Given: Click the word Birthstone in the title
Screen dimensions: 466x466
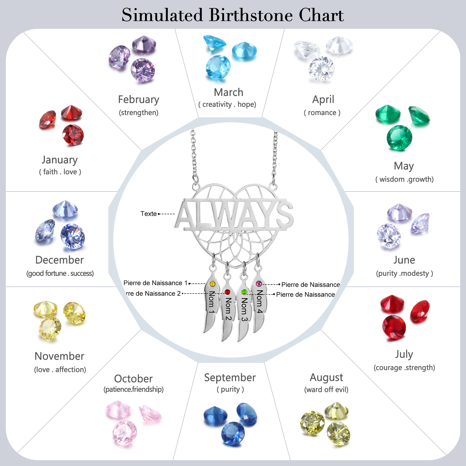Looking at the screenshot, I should point(250,15).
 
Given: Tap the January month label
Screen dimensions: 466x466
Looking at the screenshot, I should point(60,160).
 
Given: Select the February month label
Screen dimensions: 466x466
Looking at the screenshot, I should point(139,100).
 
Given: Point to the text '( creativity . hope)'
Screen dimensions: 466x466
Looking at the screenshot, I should point(227,105).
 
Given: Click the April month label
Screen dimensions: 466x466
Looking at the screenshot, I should point(323,100).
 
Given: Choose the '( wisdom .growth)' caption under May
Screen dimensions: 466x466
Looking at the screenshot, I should point(404,179).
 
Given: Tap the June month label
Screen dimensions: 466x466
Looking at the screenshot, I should point(404,260).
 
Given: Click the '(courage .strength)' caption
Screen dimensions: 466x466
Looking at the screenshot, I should point(404,368).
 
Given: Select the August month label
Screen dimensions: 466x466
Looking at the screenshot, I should point(326,377).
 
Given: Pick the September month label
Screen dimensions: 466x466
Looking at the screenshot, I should point(230,377).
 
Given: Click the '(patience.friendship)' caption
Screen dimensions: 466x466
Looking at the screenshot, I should point(133,389).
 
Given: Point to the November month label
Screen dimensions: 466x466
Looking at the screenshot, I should point(59,356).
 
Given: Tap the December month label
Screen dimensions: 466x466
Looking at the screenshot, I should point(59,260).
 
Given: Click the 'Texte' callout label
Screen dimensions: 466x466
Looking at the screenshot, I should point(149,214).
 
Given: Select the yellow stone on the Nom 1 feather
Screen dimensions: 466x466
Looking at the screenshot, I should point(212,284).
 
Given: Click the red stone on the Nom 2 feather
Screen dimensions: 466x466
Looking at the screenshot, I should point(227,292).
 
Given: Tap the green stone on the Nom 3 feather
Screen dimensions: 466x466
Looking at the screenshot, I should point(244,292).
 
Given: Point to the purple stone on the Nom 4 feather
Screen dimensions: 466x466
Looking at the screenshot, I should point(259,284).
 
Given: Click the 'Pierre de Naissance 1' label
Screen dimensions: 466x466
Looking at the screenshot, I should point(155,283).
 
